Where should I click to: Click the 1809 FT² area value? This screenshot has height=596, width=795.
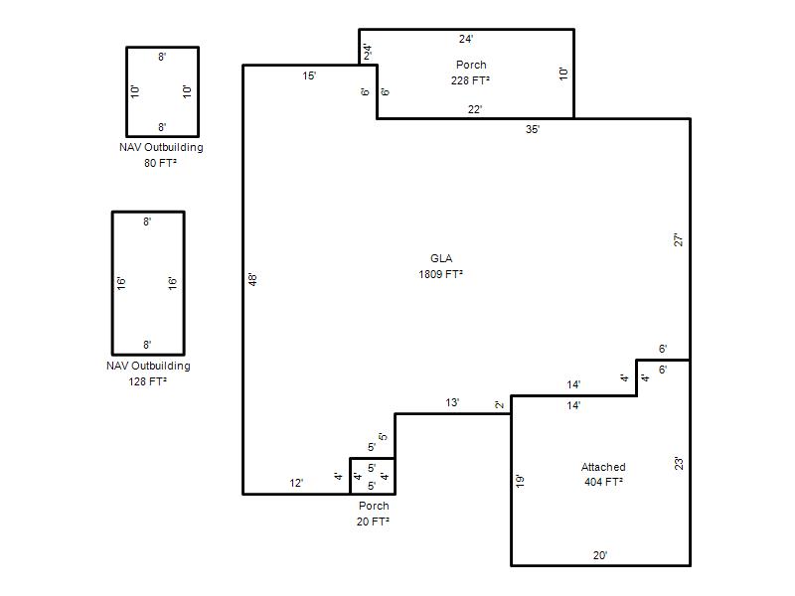click(440, 274)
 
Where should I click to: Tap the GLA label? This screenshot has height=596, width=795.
click(441, 258)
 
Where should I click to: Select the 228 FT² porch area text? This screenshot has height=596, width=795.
click(470, 80)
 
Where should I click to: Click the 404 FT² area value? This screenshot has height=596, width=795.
click(603, 482)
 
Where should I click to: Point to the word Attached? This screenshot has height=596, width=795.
click(603, 467)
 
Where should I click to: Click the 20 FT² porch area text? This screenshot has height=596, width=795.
click(373, 521)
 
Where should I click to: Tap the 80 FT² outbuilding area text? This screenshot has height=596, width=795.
click(160, 163)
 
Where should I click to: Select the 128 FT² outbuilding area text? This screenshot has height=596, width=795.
click(147, 381)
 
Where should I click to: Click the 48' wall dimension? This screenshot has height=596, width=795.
click(253, 279)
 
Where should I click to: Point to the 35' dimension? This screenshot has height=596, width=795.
click(533, 129)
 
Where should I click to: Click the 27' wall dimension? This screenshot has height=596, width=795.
click(679, 239)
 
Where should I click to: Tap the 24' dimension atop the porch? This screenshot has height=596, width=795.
click(466, 39)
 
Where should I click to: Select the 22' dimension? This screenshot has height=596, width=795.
click(475, 109)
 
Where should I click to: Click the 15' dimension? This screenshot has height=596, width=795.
click(309, 76)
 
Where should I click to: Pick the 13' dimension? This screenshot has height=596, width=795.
click(452, 402)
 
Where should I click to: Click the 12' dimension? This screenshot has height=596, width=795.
click(296, 483)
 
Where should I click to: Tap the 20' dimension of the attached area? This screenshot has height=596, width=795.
click(600, 555)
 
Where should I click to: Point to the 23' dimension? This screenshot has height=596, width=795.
click(679, 463)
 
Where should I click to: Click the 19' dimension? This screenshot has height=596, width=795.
click(520, 481)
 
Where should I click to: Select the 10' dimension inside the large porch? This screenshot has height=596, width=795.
click(563, 74)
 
